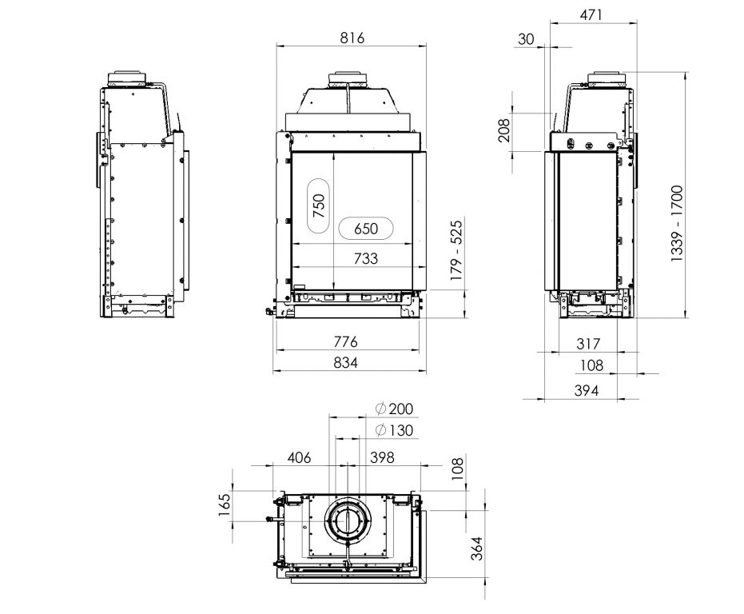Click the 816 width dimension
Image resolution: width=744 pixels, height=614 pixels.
coord(352,38)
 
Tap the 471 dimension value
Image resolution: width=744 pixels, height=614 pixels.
coord(591,14)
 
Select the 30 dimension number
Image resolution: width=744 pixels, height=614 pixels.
coord(526,39)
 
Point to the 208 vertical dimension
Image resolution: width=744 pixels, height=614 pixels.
coord(504,130)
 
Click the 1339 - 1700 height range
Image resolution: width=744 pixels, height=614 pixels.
coord(677,224)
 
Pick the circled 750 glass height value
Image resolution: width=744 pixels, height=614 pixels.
coord(319,205)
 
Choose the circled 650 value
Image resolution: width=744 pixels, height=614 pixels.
coord(366,229)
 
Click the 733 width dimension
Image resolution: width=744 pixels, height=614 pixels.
coord(366,258)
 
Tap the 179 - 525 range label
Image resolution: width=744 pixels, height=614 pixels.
coord(456,250)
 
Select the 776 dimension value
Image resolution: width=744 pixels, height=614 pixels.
coord(345,341)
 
